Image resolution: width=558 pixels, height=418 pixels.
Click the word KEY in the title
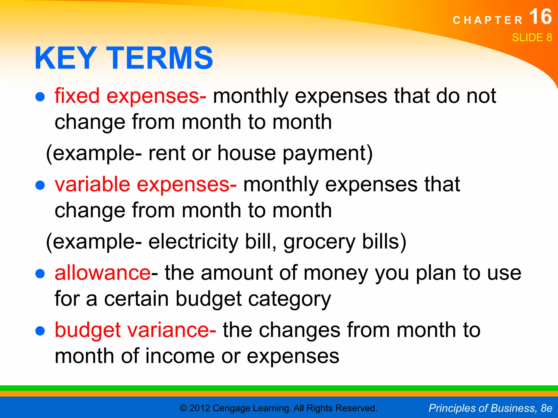(65, 58)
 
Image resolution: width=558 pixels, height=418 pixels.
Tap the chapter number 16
(541, 17)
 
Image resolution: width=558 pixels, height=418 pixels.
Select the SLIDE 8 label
(532, 38)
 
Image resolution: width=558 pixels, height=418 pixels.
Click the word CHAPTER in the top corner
(488, 20)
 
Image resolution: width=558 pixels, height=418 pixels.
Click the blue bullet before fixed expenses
(40, 97)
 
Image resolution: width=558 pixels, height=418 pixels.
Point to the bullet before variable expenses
(40, 185)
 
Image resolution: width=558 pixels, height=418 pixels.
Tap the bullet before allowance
(40, 274)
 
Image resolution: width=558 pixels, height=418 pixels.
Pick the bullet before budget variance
(40, 331)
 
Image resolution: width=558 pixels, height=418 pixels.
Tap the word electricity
(193, 242)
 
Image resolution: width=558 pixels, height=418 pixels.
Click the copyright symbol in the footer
(183, 408)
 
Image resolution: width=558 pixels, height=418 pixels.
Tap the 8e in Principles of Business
(546, 408)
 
